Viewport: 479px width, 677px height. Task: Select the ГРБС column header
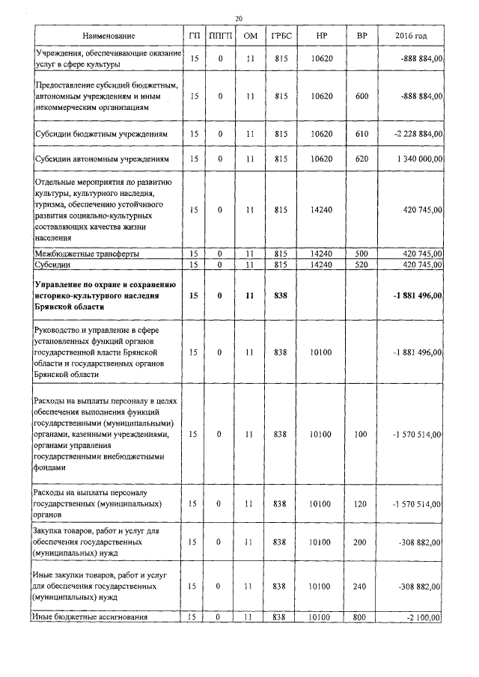pyautogui.click(x=282, y=36)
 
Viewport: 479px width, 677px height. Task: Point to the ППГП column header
pyautogui.click(x=220, y=36)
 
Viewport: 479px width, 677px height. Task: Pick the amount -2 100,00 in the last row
pyautogui.click(x=422, y=617)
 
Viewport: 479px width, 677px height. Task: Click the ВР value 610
pyautogui.click(x=362, y=134)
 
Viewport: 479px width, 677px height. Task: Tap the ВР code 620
pyautogui.click(x=362, y=159)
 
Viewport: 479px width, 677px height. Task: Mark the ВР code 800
pyautogui.click(x=362, y=617)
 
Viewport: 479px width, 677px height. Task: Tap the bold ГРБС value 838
pyautogui.click(x=281, y=295)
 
